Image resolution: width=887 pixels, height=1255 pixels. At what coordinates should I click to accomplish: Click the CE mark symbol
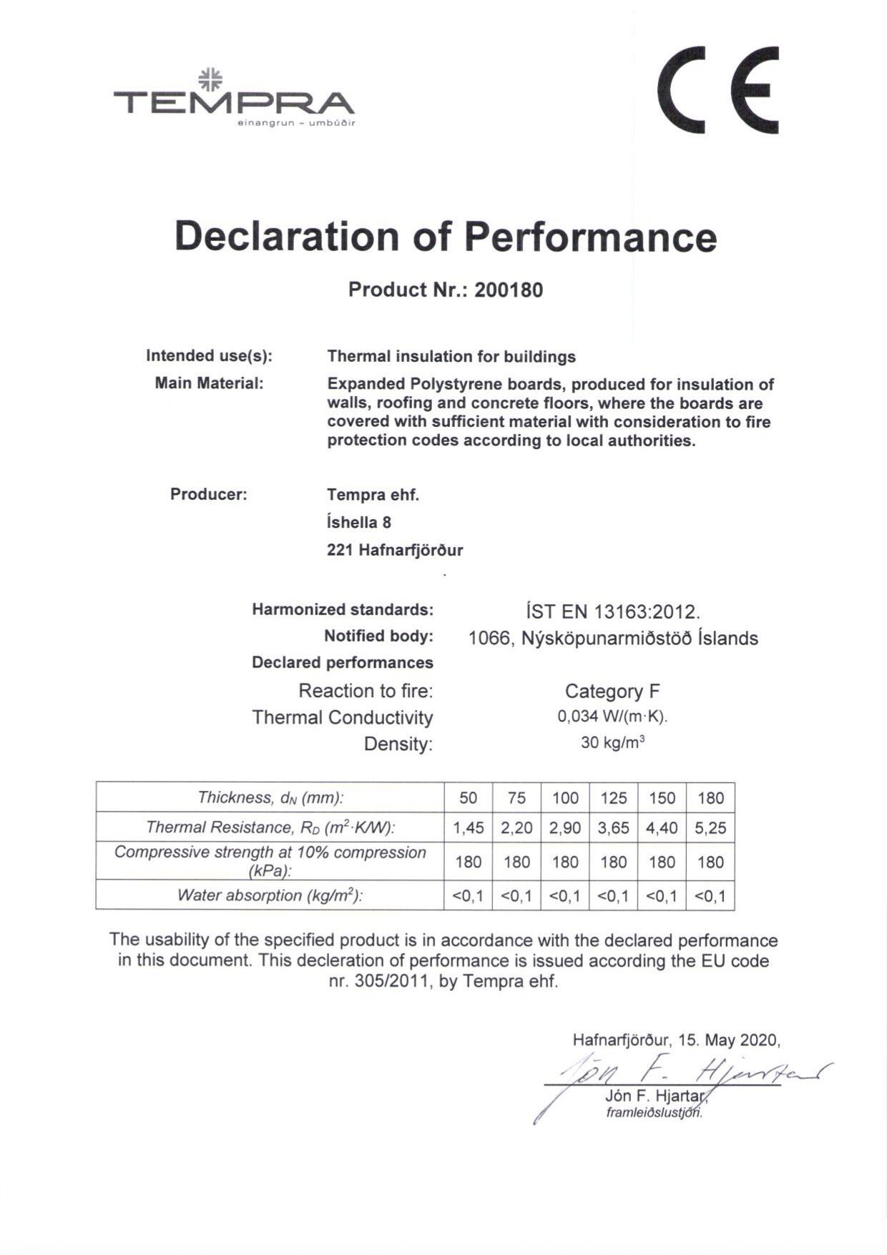pyautogui.click(x=717, y=89)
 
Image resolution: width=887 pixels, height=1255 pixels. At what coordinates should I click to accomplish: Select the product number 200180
pyautogui.click(x=508, y=290)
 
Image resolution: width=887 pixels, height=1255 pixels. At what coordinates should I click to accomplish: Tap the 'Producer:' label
pyautogui.click(x=208, y=494)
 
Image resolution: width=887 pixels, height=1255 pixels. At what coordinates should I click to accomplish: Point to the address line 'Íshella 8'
pyautogui.click(x=358, y=522)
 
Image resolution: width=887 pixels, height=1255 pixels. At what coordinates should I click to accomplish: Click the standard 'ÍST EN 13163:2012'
pyautogui.click(x=612, y=612)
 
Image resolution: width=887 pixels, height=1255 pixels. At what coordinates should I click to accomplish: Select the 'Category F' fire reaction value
pyautogui.click(x=612, y=691)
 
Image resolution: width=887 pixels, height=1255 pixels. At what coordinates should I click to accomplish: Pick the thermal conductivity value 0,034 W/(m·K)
pyautogui.click(x=612, y=717)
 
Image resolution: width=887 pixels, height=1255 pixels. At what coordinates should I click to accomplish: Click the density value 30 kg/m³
pyautogui.click(x=612, y=743)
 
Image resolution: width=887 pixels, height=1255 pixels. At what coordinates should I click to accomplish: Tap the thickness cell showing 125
pyautogui.click(x=613, y=798)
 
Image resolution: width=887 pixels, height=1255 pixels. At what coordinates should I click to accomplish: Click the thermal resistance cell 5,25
pyautogui.click(x=710, y=828)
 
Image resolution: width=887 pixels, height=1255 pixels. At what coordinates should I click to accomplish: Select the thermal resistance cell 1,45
pyautogui.click(x=469, y=828)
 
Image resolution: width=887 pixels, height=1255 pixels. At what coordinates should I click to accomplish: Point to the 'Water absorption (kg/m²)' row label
pyautogui.click(x=270, y=895)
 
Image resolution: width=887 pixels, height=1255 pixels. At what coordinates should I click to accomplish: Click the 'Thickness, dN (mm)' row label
pyautogui.click(x=270, y=798)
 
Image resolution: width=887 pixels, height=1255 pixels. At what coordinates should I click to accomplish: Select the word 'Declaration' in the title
pyautogui.click(x=286, y=236)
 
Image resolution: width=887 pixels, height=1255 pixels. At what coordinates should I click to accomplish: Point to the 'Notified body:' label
pyautogui.click(x=378, y=636)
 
